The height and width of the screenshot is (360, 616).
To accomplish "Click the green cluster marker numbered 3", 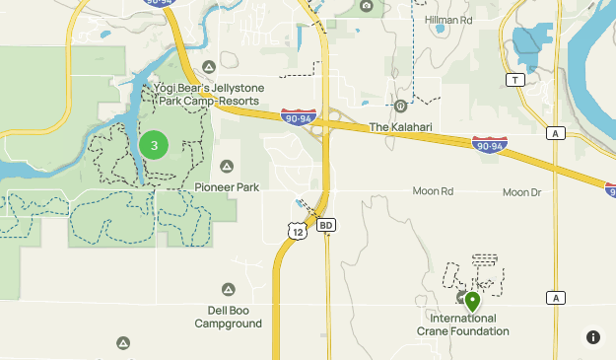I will tap(154, 145).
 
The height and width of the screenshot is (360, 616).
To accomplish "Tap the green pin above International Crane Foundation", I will tap(472, 301).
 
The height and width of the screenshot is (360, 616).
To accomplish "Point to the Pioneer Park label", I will tap(227, 185).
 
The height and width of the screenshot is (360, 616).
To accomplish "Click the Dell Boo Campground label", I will tap(228, 316).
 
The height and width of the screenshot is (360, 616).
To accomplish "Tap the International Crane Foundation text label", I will tap(470, 324).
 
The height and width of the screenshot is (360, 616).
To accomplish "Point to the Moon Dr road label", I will tap(521, 192).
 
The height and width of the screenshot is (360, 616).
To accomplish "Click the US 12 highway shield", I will tap(298, 230).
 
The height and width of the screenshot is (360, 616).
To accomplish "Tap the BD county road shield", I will tap(327, 225).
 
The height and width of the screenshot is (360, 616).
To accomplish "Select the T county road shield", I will tap(513, 79).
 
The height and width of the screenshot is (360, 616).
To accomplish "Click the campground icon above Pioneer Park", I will tap(228, 166).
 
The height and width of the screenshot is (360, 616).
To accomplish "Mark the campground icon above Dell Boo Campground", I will tap(228, 290).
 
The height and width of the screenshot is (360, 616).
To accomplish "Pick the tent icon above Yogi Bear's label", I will tap(209, 67).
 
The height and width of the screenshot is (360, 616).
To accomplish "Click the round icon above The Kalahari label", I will tap(401, 107).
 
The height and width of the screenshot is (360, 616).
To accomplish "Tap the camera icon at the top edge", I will tap(367, 6).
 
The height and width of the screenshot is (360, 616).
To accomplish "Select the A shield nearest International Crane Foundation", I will tap(557, 298).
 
